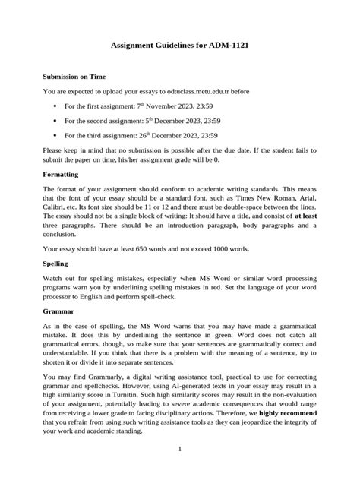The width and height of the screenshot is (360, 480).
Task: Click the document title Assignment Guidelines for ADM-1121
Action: click(180, 46)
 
